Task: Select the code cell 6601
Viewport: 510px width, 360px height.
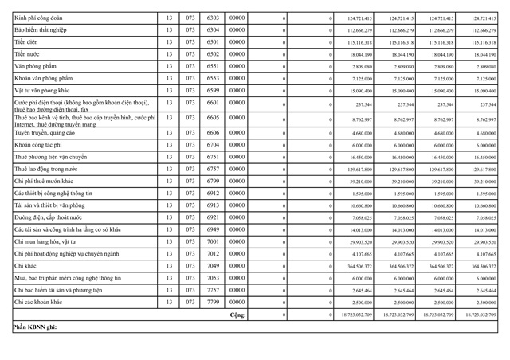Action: coord(213,103)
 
